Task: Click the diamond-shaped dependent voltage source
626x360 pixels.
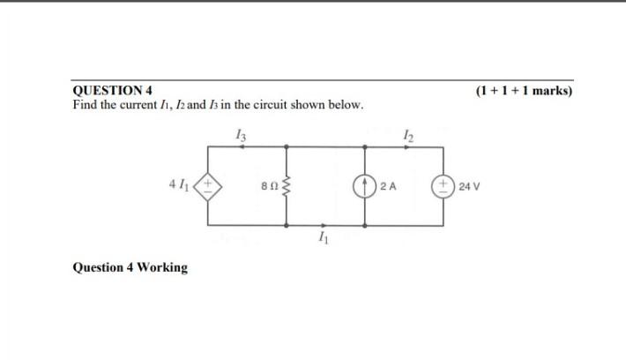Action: pos(209,186)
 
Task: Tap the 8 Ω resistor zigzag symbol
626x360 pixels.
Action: pos(285,186)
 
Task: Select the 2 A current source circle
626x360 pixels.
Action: pos(365,186)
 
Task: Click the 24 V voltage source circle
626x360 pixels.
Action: pos(442,186)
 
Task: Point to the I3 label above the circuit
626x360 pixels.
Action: pos(241,135)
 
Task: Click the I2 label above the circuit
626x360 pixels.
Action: pos(406,135)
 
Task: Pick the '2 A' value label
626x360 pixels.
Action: pos(389,186)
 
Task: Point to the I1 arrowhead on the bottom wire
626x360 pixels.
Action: pos(324,225)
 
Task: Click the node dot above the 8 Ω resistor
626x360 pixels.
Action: pos(285,147)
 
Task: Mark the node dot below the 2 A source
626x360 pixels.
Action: pos(365,225)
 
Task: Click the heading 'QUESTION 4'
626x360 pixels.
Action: pos(112,90)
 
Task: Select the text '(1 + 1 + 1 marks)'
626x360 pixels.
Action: pos(523,90)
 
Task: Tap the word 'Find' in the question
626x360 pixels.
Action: pos(86,105)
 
